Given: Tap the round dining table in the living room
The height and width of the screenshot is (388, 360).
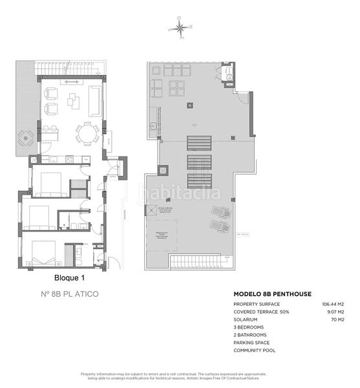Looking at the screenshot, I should (86, 135).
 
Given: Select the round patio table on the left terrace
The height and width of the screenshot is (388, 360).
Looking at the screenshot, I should (25, 137).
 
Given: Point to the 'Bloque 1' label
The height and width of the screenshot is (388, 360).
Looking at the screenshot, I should (51, 278).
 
